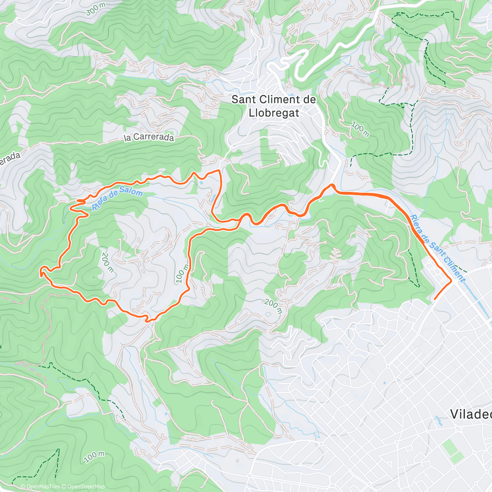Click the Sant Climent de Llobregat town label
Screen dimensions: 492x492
click(x=273, y=106)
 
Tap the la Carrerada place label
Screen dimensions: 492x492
click(x=149, y=137)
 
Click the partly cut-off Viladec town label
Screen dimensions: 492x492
click(x=471, y=414)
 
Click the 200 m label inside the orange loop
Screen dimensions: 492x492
click(x=107, y=262)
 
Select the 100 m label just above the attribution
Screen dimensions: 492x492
click(x=95, y=456)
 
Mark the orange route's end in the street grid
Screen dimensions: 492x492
click(x=435, y=299)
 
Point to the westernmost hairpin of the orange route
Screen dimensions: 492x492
click(x=41, y=271)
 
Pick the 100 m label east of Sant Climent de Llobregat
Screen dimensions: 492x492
click(x=360, y=130)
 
